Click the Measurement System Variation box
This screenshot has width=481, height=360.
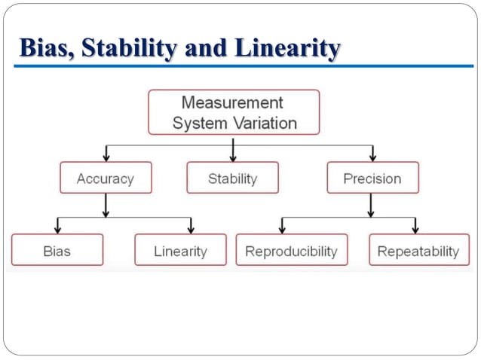coord(234,112)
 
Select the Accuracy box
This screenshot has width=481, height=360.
coord(106,178)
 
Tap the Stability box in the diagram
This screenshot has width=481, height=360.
coord(232,178)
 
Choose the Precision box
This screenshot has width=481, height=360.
coord(372,178)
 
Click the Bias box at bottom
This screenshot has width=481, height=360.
coord(57,251)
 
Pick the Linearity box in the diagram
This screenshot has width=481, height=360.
coord(180,251)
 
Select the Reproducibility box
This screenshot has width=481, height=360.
coord(292,251)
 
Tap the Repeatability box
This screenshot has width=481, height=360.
coord(418,251)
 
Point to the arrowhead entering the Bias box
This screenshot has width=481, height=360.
coord(57,229)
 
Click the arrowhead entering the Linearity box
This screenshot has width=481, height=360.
coord(191,229)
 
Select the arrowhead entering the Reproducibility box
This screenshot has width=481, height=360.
coord(282,229)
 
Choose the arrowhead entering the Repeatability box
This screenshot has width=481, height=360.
coord(415,229)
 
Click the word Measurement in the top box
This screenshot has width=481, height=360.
coord(232,102)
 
